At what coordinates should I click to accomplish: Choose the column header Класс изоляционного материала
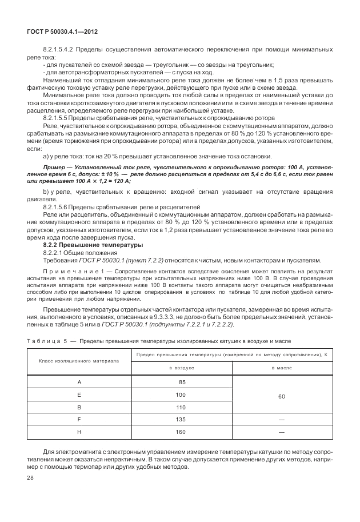(79, 361)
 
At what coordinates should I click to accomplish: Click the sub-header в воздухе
(182, 368)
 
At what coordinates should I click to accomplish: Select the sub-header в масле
(282, 368)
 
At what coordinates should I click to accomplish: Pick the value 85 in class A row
(182, 382)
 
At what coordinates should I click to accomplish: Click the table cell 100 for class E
(182, 395)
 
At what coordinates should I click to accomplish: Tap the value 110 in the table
(182, 407)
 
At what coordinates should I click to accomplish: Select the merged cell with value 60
(282, 395)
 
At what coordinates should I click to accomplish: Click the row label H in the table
(79, 432)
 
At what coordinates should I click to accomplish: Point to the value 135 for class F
(182, 420)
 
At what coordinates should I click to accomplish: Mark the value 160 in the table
(182, 432)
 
